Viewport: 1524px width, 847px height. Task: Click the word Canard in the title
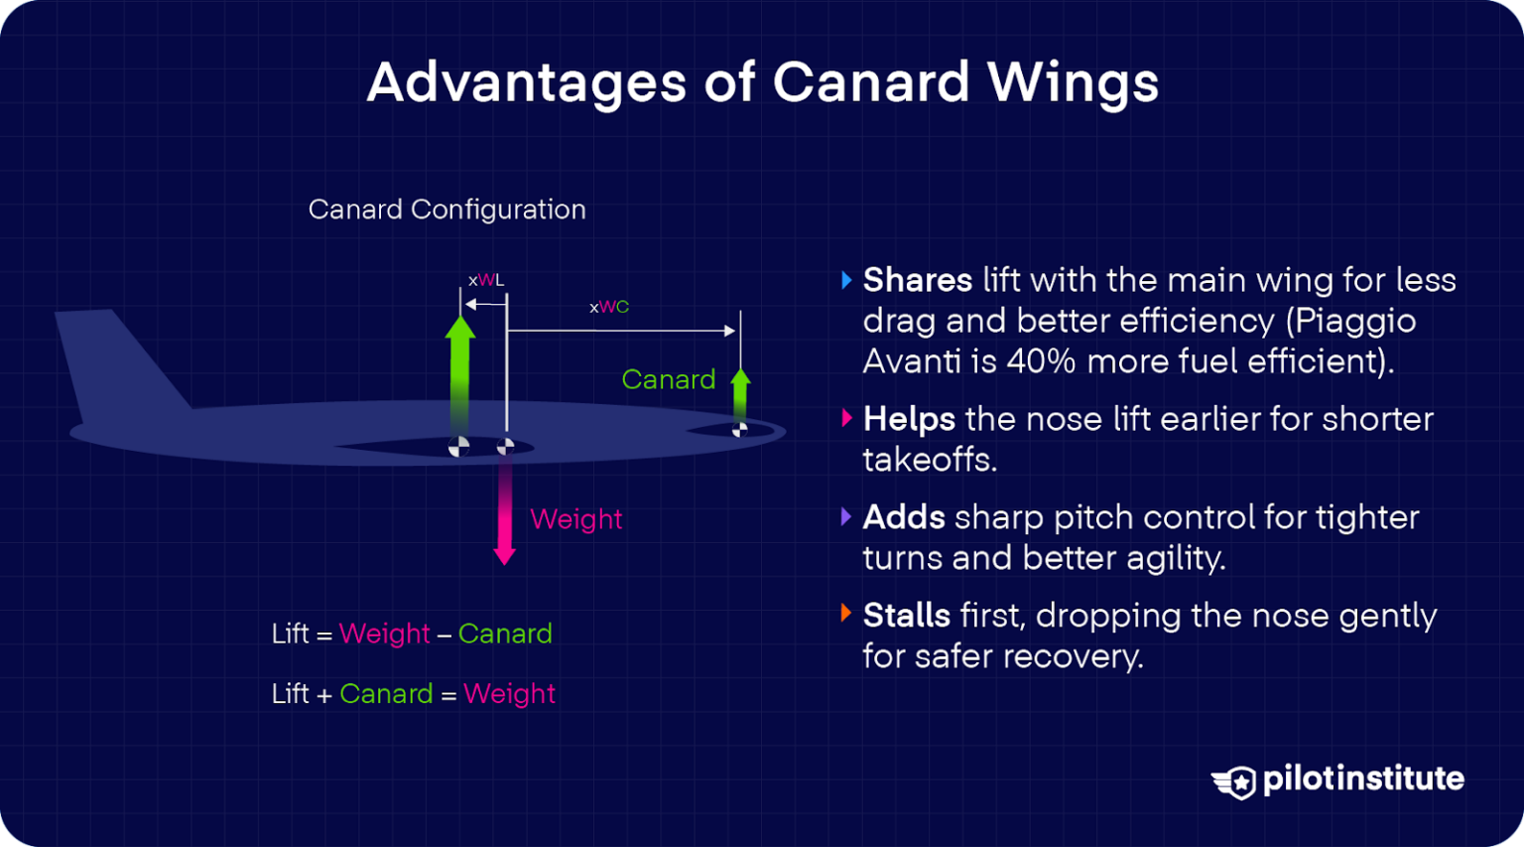click(870, 82)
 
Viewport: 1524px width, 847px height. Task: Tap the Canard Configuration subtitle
click(446, 210)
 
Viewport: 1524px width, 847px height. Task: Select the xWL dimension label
click(486, 281)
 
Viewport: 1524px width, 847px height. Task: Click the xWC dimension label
click(609, 308)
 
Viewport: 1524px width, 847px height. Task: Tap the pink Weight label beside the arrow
click(575, 519)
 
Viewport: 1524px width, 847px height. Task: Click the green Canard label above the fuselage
click(668, 379)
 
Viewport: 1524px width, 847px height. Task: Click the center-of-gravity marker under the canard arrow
click(739, 430)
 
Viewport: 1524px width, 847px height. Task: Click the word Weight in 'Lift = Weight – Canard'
click(384, 634)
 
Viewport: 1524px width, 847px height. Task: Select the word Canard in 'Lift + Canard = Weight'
click(386, 693)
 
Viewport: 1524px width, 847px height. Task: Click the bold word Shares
click(917, 280)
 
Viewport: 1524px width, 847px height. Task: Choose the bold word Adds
click(903, 517)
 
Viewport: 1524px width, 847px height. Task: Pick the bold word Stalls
click(906, 616)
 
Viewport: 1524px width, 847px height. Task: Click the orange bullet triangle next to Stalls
click(846, 613)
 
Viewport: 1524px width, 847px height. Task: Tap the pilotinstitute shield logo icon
click(1235, 781)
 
